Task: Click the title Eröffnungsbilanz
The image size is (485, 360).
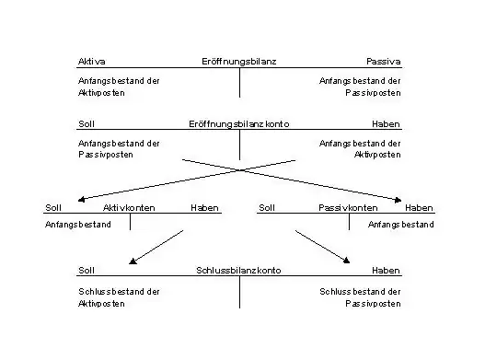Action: [238, 62]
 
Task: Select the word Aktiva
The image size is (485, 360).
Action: [91, 62]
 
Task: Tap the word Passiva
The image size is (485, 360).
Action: [383, 62]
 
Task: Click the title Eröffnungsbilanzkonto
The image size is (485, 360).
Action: [238, 124]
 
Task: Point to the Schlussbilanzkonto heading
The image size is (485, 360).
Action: [238, 271]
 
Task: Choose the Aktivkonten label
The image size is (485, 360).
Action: [129, 208]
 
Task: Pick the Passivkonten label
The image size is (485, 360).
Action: [348, 208]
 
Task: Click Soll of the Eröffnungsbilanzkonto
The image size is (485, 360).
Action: [87, 124]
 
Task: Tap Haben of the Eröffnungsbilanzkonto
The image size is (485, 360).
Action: [386, 124]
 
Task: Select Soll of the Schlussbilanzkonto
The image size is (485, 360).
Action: [87, 271]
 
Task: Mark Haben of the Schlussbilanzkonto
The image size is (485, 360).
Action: [386, 271]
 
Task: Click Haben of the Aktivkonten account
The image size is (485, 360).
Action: [204, 208]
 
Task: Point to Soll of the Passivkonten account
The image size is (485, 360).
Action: [267, 208]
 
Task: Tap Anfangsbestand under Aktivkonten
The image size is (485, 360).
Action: [78, 225]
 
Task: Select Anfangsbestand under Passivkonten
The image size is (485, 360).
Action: [401, 225]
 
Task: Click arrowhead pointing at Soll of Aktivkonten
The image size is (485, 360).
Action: [81, 200]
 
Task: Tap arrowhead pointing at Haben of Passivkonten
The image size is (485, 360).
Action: [398, 200]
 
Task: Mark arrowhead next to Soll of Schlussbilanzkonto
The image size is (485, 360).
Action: [133, 261]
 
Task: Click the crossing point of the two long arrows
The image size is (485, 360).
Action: [240, 170]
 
